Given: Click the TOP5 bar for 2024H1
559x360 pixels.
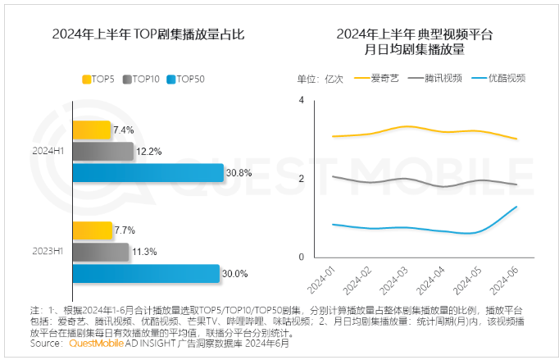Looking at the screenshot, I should click(92, 130).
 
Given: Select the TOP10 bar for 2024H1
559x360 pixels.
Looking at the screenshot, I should click(102, 151).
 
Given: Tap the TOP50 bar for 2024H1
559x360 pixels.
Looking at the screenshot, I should click(148, 173).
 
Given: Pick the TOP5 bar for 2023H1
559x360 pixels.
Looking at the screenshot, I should click(93, 230).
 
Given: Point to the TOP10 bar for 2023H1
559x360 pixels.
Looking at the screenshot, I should click(101, 252).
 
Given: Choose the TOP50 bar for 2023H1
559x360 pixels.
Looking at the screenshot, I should click(146, 273).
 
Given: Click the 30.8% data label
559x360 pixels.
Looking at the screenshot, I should click(239, 173).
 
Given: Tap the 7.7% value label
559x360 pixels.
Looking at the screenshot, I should click(124, 230).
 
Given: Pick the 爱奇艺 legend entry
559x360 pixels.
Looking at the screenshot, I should click(384, 79).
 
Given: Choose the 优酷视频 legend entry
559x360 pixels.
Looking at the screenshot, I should click(507, 79).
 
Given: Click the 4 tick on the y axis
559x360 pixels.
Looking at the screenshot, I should click(302, 99).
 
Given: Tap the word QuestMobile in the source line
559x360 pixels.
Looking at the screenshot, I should click(94, 344).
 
